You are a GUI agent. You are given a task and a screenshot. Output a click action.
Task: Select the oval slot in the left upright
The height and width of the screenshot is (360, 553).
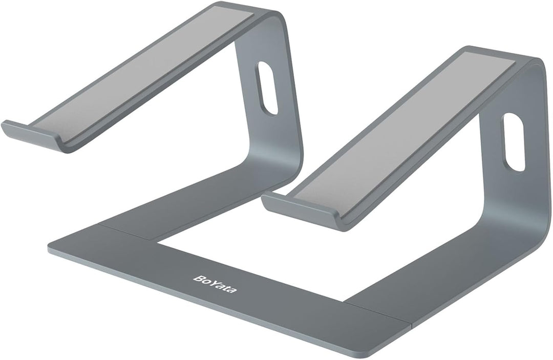click(x=268, y=88)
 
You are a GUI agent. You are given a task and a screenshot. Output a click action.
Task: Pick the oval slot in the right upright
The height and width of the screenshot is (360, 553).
click(x=514, y=142)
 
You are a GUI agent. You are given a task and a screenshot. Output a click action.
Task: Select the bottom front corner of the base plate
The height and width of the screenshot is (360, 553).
click(x=366, y=354)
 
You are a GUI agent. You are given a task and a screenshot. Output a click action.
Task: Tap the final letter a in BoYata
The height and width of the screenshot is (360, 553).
click(x=233, y=289)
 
